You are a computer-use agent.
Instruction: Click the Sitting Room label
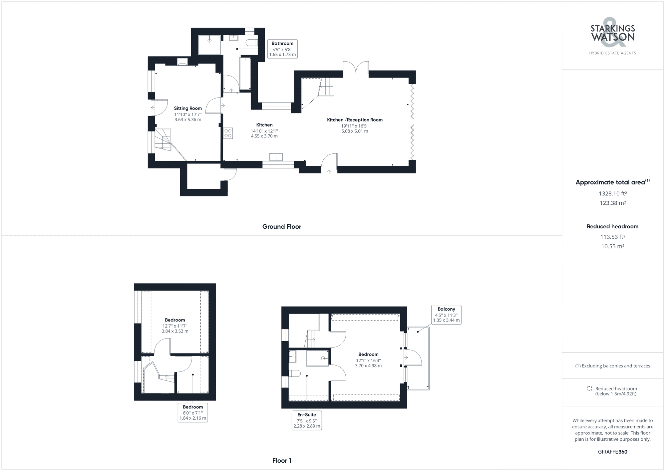pos(188,108)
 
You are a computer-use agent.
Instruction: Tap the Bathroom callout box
pos(282,49)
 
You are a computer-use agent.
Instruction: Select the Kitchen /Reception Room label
pos(355,120)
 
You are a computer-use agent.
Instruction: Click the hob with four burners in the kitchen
pos(228,133)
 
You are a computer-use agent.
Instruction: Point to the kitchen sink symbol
pos(276,157)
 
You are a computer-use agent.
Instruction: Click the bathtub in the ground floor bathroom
pos(245,74)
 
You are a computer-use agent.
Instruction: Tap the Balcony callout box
pos(446,315)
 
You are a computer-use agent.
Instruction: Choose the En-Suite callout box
pos(307,420)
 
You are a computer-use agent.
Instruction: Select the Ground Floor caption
pos(282,227)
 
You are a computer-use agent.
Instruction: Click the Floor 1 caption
pos(282,461)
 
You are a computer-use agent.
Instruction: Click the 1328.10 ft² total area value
pos(613,193)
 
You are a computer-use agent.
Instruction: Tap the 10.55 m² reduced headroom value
pos(613,247)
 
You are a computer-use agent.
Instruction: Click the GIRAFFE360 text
pos(613,452)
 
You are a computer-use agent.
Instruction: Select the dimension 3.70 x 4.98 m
pos(368,366)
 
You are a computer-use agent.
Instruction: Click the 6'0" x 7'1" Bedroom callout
pos(193,412)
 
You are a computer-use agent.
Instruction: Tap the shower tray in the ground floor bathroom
pos(209,45)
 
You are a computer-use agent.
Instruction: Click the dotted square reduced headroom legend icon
pos(589,388)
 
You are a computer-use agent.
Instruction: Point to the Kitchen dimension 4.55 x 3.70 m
pos(264,136)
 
